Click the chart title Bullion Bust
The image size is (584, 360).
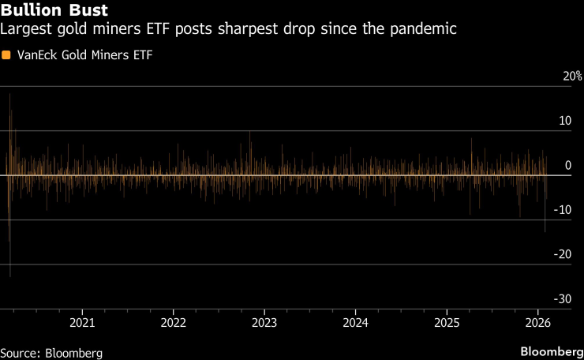click(x=54, y=12)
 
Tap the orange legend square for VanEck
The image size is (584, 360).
click(x=6, y=55)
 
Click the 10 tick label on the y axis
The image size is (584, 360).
click(x=565, y=121)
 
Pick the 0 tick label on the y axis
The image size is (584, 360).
click(x=568, y=165)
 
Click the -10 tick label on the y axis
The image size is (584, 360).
click(x=563, y=210)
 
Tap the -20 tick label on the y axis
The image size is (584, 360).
click(x=563, y=254)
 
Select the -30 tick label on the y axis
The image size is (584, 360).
click(x=563, y=298)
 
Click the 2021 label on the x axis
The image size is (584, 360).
click(x=82, y=323)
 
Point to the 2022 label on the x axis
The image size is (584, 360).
click(x=173, y=323)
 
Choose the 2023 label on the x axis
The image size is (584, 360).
click(x=264, y=323)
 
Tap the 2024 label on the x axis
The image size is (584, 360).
click(x=356, y=323)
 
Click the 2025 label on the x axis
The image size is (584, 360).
click(x=447, y=323)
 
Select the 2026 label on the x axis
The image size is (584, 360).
click(x=537, y=323)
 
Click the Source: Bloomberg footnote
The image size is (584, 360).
click(x=51, y=352)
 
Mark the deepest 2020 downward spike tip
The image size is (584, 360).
click(x=9, y=276)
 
